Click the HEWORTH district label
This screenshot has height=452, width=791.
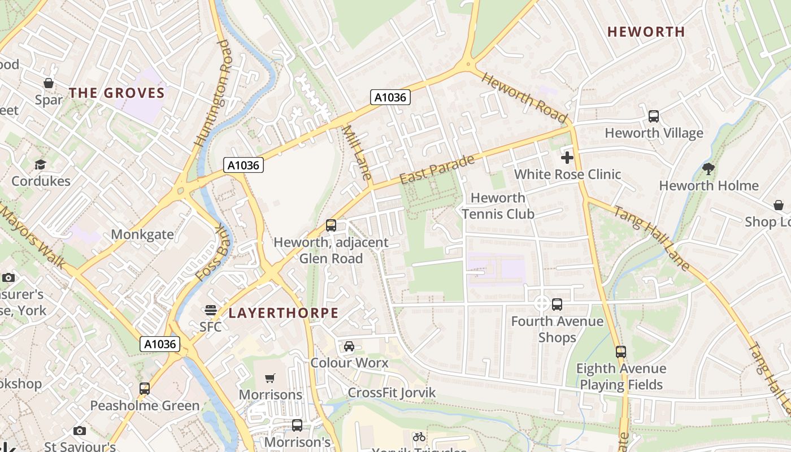pyautogui.click(x=646, y=32)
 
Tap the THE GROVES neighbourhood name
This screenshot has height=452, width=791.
pyautogui.click(x=117, y=93)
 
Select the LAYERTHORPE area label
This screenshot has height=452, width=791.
pyautogui.click(x=283, y=313)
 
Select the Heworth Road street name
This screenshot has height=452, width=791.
pyautogui.click(x=524, y=98)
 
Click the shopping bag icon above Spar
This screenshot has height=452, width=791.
pyautogui.click(x=49, y=83)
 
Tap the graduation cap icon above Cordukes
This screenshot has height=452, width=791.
pyautogui.click(x=41, y=164)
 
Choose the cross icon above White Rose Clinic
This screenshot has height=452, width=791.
pyautogui.click(x=567, y=158)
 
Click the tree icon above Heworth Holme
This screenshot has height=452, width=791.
pyautogui.click(x=708, y=168)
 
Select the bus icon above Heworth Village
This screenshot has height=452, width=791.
pyautogui.click(x=654, y=116)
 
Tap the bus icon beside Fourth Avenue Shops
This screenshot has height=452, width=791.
pyautogui.click(x=557, y=305)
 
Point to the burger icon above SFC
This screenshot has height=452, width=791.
pyautogui.click(x=211, y=310)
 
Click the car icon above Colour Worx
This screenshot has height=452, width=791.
pyautogui.click(x=349, y=346)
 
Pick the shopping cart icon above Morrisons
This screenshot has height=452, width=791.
pyautogui.click(x=271, y=377)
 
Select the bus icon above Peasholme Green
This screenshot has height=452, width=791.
pyautogui.click(x=145, y=389)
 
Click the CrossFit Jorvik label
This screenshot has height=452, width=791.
pyautogui.click(x=392, y=393)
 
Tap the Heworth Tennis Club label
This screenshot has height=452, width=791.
pyautogui.click(x=498, y=206)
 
